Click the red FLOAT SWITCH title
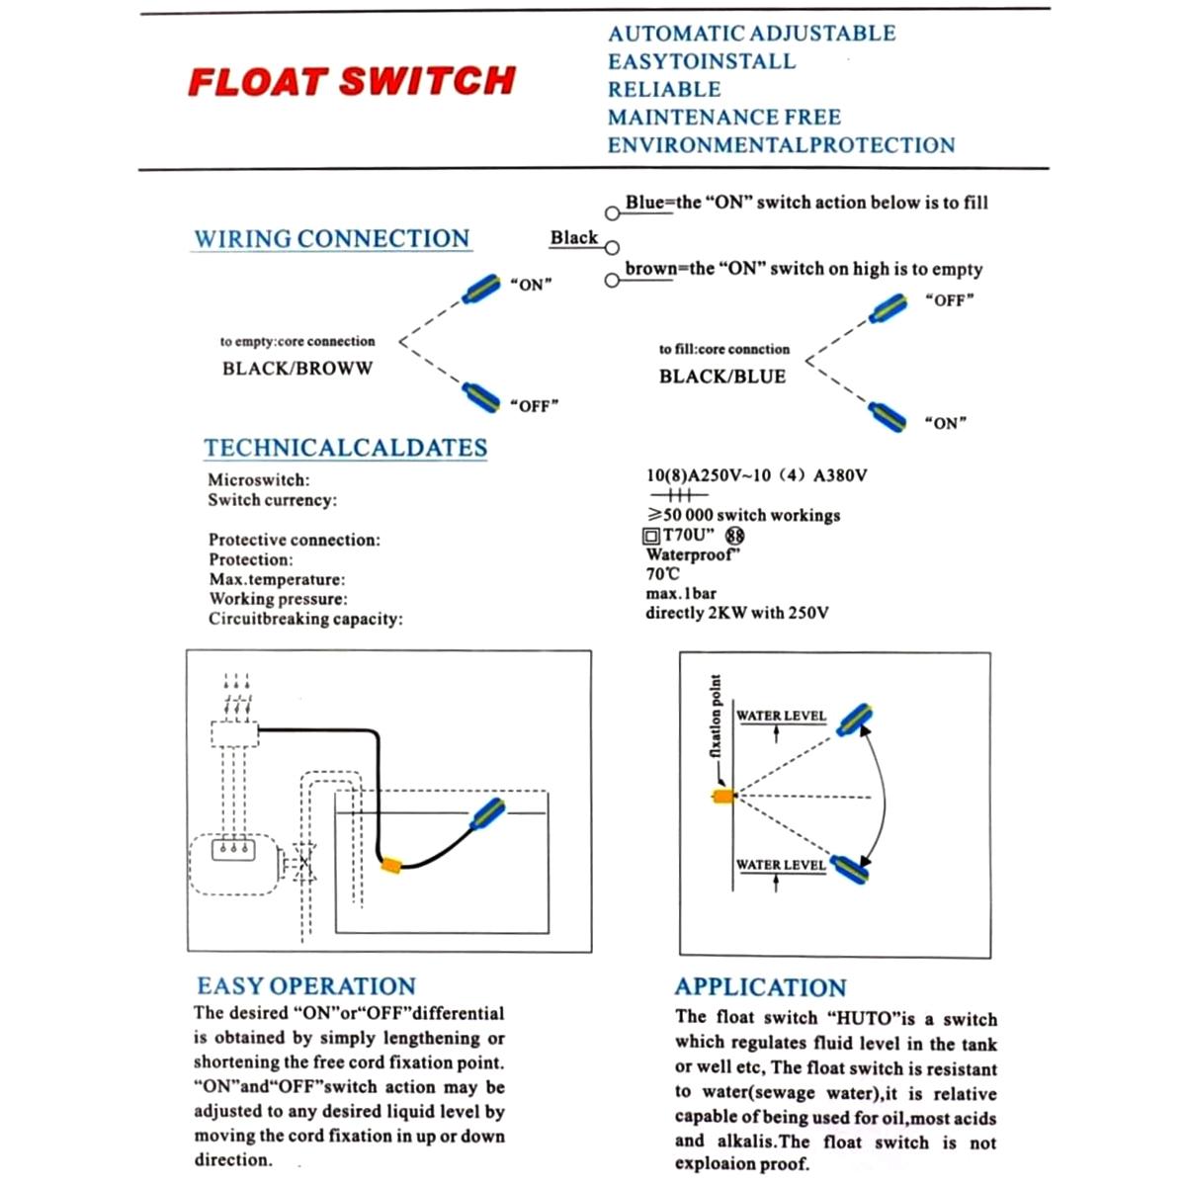[x=351, y=81]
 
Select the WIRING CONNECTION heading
[x=331, y=239]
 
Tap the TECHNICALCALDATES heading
[x=345, y=448]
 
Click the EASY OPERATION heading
[x=305, y=985]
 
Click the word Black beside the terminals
[x=573, y=238]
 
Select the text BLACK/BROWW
[x=297, y=369]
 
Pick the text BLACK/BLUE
[x=721, y=377]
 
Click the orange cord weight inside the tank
[x=391, y=865]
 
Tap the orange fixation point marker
[x=723, y=795]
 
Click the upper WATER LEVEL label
[x=781, y=716]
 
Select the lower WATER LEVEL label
[x=780, y=865]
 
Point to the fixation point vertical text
[x=716, y=717]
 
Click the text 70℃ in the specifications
[x=662, y=573]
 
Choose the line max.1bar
[x=680, y=593]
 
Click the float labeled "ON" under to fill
[x=887, y=416]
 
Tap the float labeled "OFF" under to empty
[x=481, y=397]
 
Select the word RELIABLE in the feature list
[x=664, y=89]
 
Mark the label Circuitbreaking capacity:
[x=305, y=619]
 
